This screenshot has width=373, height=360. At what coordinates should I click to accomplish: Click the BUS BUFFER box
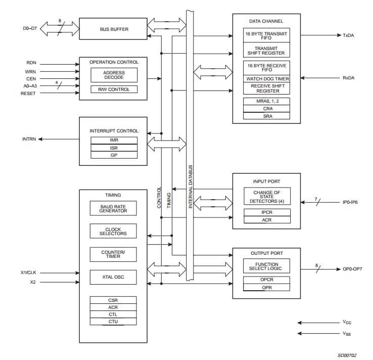coord(114,29)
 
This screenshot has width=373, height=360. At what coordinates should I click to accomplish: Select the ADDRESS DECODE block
coord(113,75)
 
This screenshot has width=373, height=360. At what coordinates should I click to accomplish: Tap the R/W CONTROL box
coord(113,89)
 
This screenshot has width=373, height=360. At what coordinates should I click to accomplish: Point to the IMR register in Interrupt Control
coord(114,140)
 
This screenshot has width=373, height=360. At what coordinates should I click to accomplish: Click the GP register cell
coord(114,155)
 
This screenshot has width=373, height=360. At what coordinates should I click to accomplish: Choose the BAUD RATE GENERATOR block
coord(113,208)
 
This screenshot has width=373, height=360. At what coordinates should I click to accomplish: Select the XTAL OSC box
coord(113,277)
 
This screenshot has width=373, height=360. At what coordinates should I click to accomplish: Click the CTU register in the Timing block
coord(113,322)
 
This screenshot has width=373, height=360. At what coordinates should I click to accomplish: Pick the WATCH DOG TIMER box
coord(266,78)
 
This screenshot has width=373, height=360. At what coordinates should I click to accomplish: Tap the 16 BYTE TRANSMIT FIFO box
coord(266,35)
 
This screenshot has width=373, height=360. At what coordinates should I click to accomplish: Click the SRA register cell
coord(266,116)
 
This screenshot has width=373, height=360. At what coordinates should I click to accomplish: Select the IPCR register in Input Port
coord(266,212)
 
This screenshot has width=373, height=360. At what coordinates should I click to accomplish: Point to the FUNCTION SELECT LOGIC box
coord(266,266)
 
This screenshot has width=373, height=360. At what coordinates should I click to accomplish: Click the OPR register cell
coord(266,287)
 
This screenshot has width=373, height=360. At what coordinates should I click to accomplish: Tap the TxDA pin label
coord(349,36)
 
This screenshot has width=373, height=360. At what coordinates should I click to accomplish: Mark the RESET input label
coord(28,94)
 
